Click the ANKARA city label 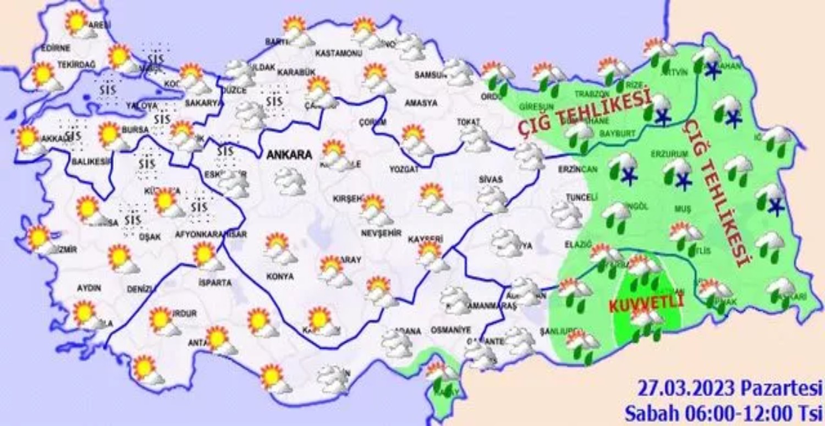[289, 156]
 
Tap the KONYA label [280, 276]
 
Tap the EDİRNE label [55, 48]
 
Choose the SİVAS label [490, 179]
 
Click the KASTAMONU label [338, 53]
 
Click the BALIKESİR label [91, 162]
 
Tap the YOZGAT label [404, 170]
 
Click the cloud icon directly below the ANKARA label [290, 182]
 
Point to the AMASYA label [421, 103]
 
